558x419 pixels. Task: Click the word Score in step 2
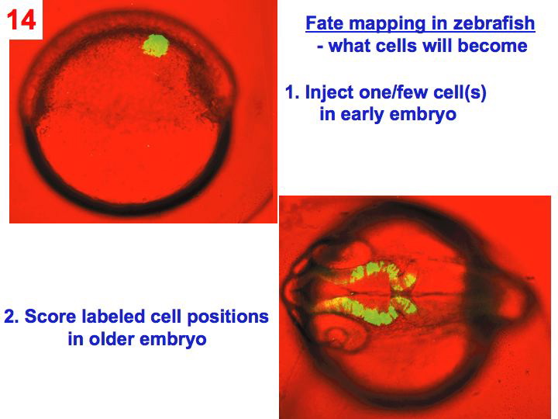(x=47, y=317)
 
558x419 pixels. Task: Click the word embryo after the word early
(x=425, y=116)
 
